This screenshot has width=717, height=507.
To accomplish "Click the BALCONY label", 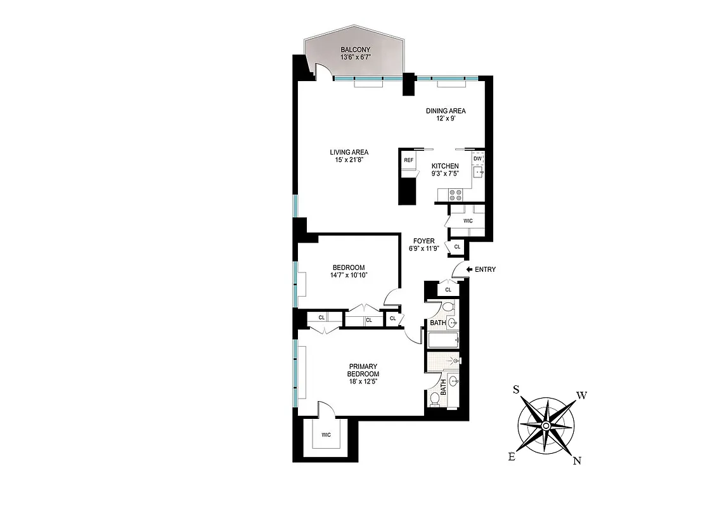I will point(355,50).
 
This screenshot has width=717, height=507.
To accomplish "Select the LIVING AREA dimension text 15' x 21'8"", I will point(349,160).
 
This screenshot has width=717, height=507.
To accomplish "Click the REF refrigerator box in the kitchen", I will point(409,160).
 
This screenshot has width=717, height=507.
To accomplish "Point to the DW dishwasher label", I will point(477,158).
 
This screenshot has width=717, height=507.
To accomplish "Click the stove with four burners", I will point(455,195).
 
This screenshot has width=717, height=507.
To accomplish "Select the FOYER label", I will point(424,241).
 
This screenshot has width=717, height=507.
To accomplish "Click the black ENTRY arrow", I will point(470,269).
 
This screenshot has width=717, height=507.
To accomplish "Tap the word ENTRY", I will point(485,269).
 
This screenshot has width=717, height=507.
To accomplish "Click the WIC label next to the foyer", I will point(468,221).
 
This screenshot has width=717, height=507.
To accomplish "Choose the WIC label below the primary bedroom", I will point(326,435).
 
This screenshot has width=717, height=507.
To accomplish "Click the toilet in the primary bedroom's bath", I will point(434,399).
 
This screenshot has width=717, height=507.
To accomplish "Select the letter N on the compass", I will point(577,461).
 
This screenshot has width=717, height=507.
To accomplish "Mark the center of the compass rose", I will point(546,426).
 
